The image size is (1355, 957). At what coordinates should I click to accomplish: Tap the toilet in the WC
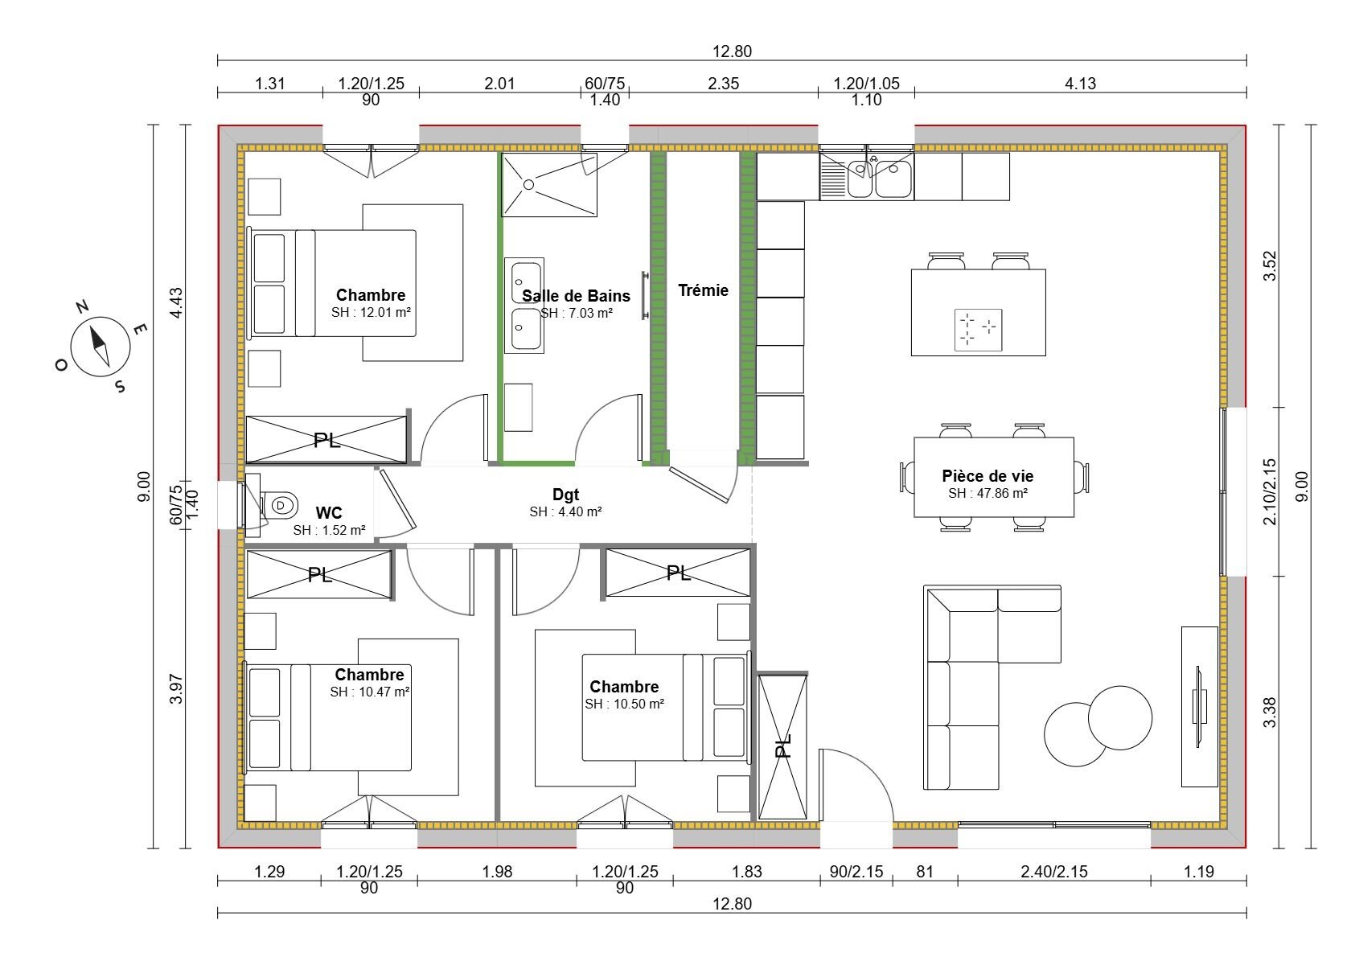tap(277, 506)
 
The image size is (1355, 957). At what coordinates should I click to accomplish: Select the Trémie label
tap(703, 290)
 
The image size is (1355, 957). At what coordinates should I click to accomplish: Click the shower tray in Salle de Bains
tap(548, 184)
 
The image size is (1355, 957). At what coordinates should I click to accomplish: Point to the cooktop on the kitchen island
tap(978, 330)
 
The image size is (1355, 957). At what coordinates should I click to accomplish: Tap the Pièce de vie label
tap(988, 476)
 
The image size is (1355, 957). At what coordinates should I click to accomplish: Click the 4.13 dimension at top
tap(1080, 83)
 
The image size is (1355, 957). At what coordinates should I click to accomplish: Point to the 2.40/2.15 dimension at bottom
tap(1053, 871)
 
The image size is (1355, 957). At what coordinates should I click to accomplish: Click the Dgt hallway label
tap(565, 495)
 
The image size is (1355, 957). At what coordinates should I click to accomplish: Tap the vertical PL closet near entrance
tap(782, 746)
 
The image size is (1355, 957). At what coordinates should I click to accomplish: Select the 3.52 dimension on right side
tap(1270, 265)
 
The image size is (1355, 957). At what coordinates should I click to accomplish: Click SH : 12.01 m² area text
tap(371, 312)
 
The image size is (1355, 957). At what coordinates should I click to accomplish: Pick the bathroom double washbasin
tap(524, 305)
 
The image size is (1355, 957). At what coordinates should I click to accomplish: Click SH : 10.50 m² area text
tap(624, 704)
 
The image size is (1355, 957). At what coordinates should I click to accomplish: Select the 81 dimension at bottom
tap(925, 871)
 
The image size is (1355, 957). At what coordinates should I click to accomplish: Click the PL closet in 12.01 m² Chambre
tap(326, 440)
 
